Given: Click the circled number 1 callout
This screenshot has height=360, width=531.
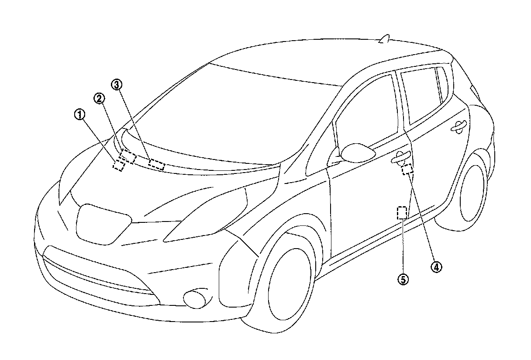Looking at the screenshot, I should tap(79, 115).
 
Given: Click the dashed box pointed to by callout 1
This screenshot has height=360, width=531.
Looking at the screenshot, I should tap(118, 165).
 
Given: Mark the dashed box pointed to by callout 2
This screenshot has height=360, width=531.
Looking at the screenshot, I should tap(128, 156).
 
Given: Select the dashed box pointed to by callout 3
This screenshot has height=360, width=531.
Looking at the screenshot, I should tap(156, 165).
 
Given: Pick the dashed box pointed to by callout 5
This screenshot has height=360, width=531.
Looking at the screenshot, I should tap(402, 213).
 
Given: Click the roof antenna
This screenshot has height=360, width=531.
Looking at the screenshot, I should tap(386, 40).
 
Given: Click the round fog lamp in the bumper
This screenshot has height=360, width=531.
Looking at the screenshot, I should tap(195, 299).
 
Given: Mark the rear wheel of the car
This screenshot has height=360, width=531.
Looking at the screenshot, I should tap(472, 192).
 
